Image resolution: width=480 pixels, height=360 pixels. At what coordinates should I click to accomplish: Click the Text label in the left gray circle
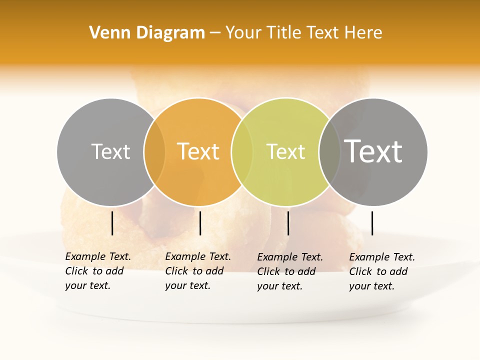(110, 151)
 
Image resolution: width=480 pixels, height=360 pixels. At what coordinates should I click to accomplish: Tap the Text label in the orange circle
(198, 151)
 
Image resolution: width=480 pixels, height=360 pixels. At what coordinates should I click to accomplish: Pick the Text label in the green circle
(285, 151)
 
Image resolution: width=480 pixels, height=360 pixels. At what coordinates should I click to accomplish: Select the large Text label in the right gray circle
(373, 151)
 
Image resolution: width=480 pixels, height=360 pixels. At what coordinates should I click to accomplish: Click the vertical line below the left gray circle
(112, 223)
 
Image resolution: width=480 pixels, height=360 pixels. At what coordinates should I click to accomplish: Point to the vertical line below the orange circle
(200, 223)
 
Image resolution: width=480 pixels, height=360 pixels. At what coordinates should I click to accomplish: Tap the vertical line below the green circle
(288, 223)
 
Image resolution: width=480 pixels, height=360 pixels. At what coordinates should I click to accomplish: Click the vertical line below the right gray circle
(372, 223)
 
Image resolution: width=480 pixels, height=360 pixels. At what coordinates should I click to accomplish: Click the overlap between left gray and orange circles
(154, 152)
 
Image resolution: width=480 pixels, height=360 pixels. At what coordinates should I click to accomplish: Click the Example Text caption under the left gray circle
(97, 271)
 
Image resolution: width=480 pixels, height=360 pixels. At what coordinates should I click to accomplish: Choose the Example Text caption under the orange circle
(197, 271)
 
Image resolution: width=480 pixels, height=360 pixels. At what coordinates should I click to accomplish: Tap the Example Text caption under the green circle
(289, 271)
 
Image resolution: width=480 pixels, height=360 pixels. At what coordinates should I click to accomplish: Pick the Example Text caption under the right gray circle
(381, 271)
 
